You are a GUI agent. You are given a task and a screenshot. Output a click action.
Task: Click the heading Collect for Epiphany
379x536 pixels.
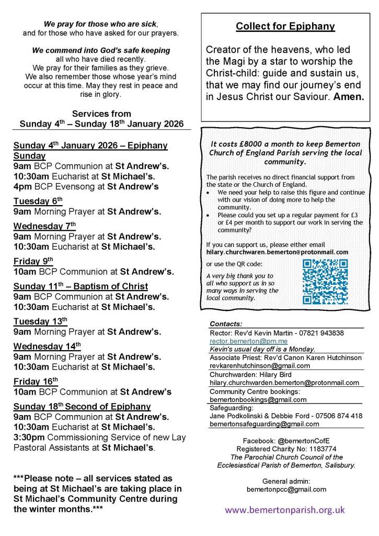coord(285,26)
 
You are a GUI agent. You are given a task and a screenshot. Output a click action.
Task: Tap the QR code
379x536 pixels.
coord(325,281)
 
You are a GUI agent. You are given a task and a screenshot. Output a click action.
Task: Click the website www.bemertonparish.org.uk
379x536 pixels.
coord(285,509)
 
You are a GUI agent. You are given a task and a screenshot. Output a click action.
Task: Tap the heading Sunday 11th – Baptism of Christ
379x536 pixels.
coord(81,286)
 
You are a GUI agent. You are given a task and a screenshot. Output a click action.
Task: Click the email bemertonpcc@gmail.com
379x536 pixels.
coord(286,489)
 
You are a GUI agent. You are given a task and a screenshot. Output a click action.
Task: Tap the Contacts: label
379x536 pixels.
coord(226,324)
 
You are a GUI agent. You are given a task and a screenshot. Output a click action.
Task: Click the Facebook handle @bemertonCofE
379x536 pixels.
coord(305,441)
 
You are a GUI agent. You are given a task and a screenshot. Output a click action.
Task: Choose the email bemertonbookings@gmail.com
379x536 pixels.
coord(258,399)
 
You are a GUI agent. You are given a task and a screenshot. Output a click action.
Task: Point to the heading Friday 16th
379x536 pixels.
coord(36,381)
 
